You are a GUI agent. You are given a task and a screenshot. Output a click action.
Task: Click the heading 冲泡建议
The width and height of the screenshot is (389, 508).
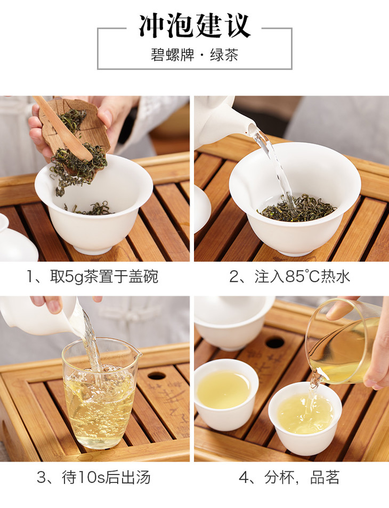tap(195, 26)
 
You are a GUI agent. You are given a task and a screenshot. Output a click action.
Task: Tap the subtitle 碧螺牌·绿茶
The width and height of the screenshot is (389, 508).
tap(194, 55)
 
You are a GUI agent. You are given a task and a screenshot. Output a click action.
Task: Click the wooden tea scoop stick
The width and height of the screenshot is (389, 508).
tap(62, 127)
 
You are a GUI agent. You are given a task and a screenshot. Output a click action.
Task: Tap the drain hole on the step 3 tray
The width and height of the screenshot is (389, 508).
tap(157, 376)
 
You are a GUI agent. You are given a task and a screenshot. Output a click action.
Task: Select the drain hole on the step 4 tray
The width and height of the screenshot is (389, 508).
tap(275, 342)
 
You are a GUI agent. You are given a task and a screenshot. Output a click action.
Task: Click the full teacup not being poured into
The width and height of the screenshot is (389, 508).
tap(226, 395)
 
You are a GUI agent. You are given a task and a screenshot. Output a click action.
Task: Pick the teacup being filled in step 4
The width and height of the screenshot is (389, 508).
tap(305, 418)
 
